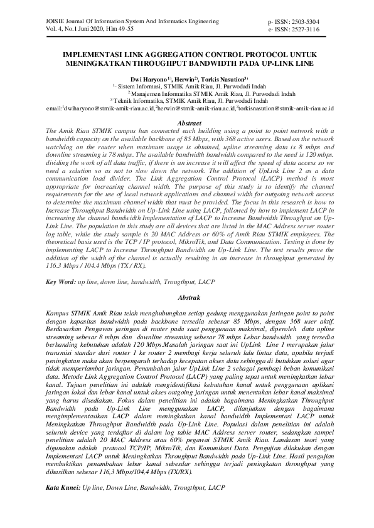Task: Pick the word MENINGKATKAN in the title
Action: coord(103,63)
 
